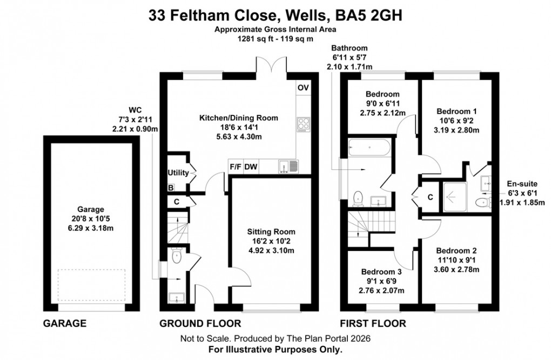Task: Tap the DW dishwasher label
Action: (251, 167)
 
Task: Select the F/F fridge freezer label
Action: (236, 167)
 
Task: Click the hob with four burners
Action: (303, 124)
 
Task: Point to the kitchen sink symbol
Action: (286, 167)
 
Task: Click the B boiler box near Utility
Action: (171, 188)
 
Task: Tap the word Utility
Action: (178, 173)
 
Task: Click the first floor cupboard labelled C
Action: (430, 198)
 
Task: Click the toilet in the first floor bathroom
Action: (358, 199)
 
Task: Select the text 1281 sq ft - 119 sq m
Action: (275, 39)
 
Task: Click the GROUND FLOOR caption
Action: (200, 324)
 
